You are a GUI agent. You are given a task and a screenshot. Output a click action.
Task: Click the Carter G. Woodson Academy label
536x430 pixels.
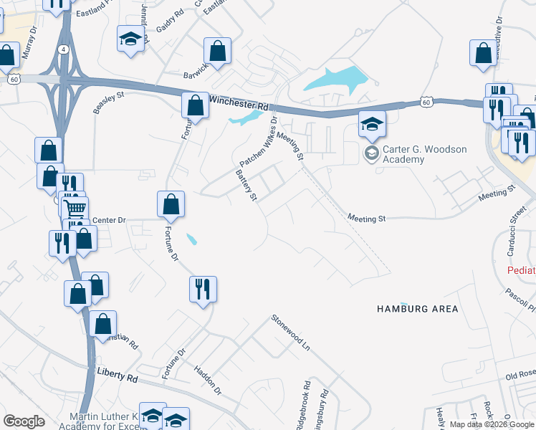point(425,154)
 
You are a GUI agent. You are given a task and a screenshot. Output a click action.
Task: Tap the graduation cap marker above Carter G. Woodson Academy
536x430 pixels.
point(373,125)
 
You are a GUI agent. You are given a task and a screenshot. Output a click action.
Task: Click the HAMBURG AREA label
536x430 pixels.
point(418,309)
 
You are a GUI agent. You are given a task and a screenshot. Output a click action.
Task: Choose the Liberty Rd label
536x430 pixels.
point(118,376)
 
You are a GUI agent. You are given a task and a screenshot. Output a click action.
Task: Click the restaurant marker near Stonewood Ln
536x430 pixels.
point(203,289)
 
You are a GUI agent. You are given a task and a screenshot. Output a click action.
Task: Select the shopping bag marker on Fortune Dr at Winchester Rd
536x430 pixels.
point(195,106)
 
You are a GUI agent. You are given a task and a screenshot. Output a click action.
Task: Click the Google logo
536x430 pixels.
point(24,421)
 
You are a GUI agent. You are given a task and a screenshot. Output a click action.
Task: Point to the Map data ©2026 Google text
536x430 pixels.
point(491,424)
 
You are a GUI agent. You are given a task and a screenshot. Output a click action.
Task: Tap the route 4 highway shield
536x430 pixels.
point(65,49)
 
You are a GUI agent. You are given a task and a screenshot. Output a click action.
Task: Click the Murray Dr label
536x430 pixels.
point(29,44)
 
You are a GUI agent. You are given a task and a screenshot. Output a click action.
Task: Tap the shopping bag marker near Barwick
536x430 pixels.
point(218,51)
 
